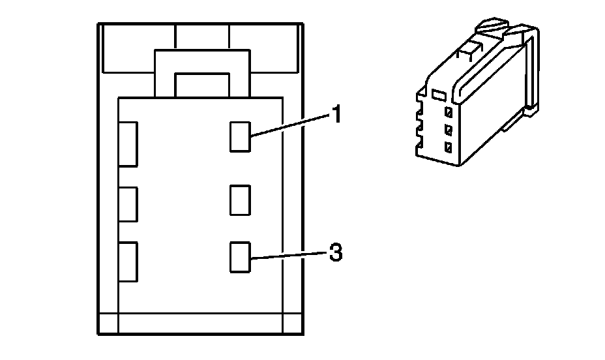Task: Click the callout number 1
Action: [336, 116]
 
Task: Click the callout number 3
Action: [335, 253]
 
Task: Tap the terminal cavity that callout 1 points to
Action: [241, 137]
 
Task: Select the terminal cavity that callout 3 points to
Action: [241, 257]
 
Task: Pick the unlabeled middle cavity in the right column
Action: [241, 200]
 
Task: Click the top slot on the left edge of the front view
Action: [128, 143]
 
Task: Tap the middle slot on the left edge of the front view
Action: [128, 204]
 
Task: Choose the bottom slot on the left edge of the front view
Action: [128, 262]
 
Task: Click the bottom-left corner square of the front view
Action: [108, 323]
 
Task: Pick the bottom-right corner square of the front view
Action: [292, 323]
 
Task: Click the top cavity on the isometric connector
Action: [448, 112]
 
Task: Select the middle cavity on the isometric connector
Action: [448, 128]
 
